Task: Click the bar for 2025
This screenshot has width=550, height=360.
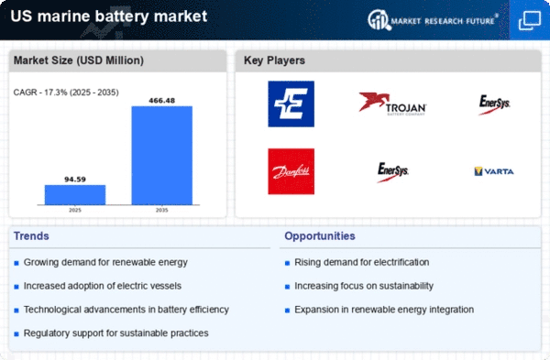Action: point(75,195)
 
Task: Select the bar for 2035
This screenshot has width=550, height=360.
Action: point(162,156)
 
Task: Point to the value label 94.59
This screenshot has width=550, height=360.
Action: point(75,180)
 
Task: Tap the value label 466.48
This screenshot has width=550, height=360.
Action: point(161,101)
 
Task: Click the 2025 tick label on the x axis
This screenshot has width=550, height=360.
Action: point(75,210)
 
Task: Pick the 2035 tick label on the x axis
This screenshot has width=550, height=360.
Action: point(161,210)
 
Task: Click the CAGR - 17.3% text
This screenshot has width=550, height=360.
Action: point(39,93)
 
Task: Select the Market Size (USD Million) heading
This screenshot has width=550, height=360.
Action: point(79,60)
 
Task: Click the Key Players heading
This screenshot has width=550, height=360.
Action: point(274,60)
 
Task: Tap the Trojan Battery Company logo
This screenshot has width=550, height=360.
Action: point(392,104)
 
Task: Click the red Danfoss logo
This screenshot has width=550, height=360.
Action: point(291,171)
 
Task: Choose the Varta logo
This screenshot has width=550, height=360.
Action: point(494,171)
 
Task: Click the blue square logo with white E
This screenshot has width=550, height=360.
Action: point(291,104)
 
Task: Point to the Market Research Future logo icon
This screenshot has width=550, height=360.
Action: point(379,19)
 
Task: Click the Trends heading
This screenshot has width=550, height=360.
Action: point(31,236)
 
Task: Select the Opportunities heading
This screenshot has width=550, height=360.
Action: point(320,236)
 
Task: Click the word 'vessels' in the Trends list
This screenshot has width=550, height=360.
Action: point(166,286)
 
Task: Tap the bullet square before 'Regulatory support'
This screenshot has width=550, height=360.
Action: point(16,334)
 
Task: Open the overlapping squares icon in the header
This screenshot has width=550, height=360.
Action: point(530,20)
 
